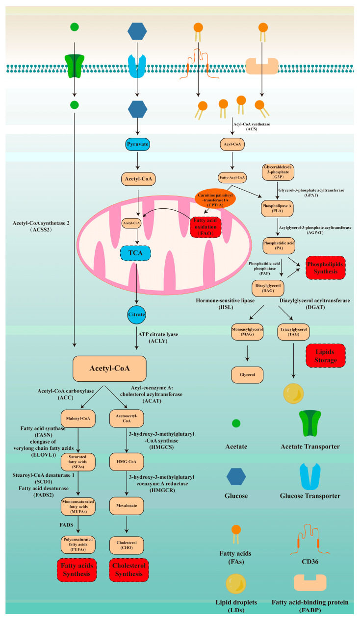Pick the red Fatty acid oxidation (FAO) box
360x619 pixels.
point(205,227)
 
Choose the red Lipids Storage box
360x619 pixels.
point(325,354)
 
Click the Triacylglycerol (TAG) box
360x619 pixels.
point(294,331)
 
